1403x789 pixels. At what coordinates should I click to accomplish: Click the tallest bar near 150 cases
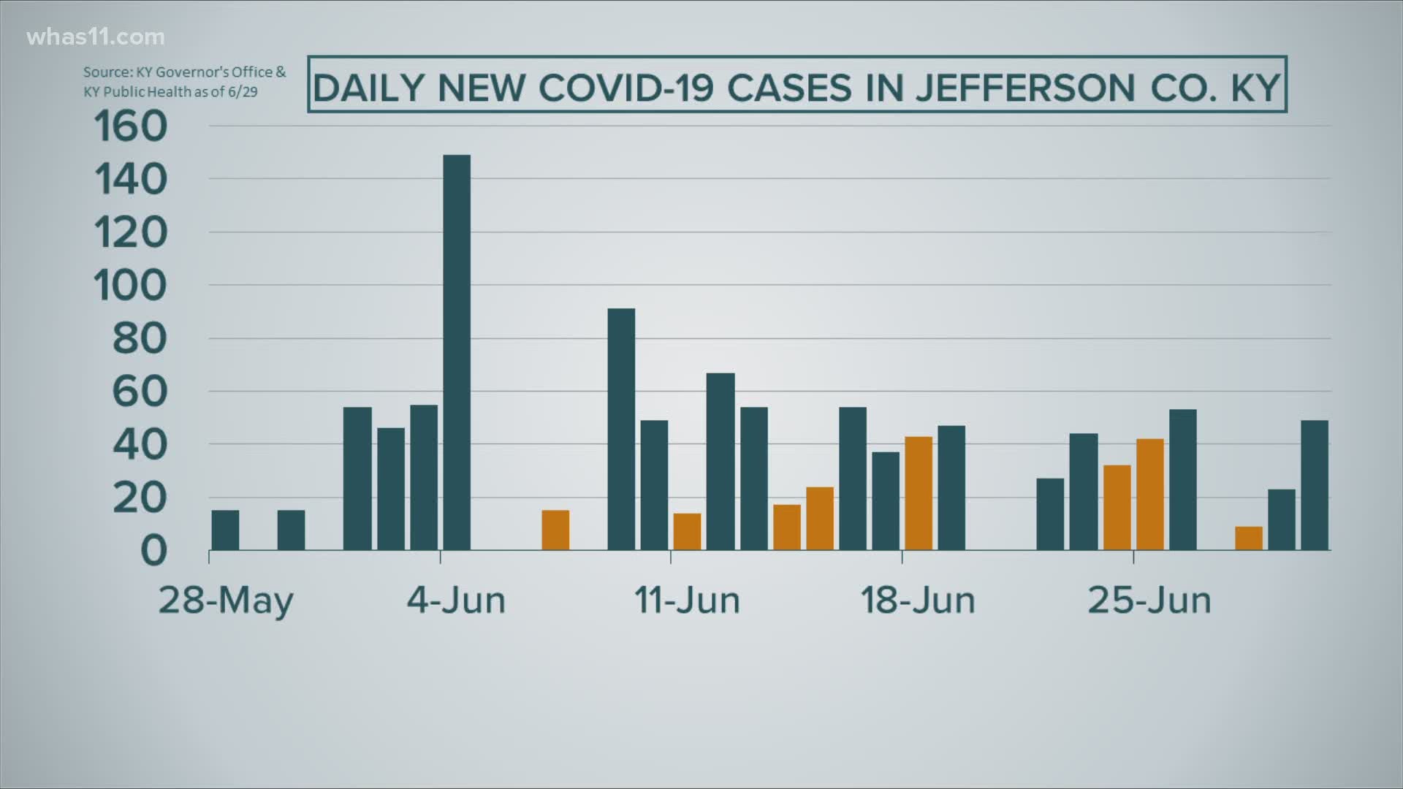click(x=457, y=352)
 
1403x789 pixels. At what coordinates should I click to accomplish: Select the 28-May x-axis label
click(x=226, y=601)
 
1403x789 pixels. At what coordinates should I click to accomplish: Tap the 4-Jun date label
click(x=456, y=601)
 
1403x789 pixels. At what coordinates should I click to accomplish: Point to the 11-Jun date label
click(x=687, y=601)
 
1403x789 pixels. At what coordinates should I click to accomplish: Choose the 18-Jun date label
click(x=918, y=601)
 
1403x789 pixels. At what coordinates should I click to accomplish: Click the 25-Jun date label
click(x=1149, y=601)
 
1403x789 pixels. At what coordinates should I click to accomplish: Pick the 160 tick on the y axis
click(x=131, y=126)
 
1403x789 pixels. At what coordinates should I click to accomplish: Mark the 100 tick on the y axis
click(x=131, y=286)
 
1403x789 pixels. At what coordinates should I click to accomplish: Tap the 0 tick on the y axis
click(x=153, y=551)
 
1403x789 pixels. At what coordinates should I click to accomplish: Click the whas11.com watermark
click(x=96, y=37)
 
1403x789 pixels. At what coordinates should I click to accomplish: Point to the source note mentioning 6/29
click(x=184, y=82)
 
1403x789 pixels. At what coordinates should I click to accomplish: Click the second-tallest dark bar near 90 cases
click(x=621, y=429)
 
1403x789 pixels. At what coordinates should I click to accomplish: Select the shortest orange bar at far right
click(x=1248, y=538)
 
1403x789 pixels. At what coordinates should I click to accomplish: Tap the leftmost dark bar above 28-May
click(x=225, y=530)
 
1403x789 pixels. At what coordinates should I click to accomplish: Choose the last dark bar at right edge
click(x=1315, y=485)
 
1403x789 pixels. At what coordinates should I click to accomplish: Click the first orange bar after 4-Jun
click(x=555, y=530)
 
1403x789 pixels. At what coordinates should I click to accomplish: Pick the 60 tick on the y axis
click(x=139, y=392)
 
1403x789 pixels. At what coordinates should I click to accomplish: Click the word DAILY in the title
click(x=368, y=88)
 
